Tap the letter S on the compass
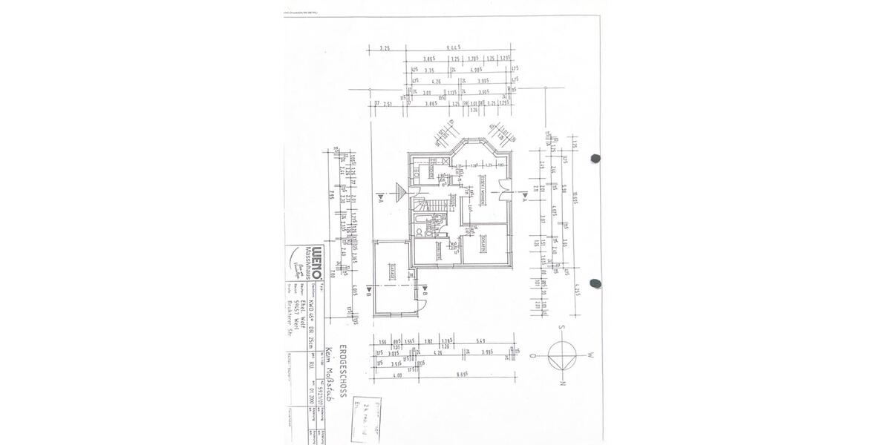click(x=564, y=328)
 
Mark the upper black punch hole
click(x=594, y=158)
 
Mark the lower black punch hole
click(x=594, y=283)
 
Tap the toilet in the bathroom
click(x=420, y=232)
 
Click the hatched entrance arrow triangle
click(x=401, y=191)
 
